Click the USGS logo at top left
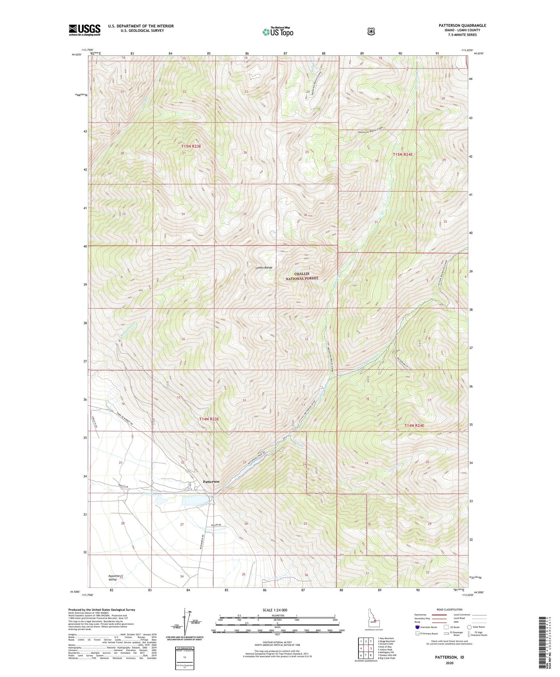coord(84,30)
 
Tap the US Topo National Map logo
coord(277,31)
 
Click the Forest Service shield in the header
coord(371,31)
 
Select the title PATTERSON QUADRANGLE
coord(462,26)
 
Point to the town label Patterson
coord(211,482)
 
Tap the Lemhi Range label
coord(264,268)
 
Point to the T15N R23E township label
coord(191,147)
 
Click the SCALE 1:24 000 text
coord(275,610)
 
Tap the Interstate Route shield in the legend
coord(417,627)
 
